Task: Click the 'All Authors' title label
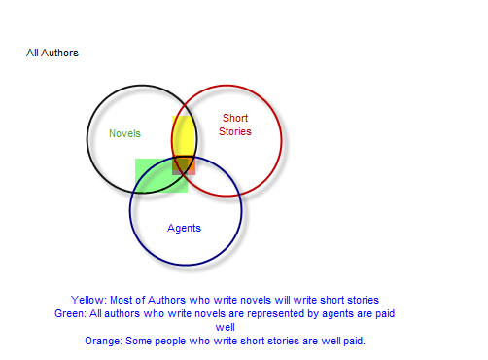[52, 53]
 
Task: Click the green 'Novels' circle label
[124, 134]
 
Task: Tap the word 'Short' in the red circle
[235, 119]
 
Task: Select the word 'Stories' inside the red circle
[235, 131]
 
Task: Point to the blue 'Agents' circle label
[184, 228]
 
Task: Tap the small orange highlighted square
[184, 165]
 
